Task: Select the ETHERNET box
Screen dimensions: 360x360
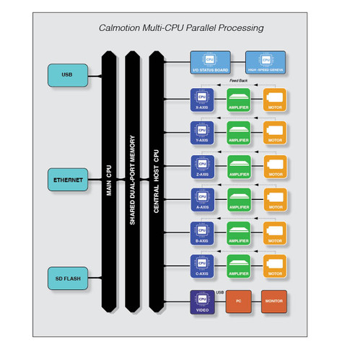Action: click(x=67, y=179)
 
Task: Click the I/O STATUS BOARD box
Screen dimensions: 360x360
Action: click(x=210, y=63)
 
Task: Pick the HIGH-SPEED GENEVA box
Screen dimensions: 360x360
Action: click(x=265, y=63)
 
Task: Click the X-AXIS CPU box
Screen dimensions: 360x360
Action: click(x=201, y=98)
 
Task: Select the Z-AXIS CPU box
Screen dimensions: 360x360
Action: click(x=201, y=165)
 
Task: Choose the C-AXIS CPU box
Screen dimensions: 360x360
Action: click(x=201, y=265)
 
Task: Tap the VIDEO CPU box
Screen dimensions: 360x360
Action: click(x=201, y=302)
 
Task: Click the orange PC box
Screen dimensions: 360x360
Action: click(x=237, y=302)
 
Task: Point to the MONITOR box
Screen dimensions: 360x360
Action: click(x=273, y=302)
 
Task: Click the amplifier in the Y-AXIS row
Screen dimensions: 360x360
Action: click(x=239, y=132)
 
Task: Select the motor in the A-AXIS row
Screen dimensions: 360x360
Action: click(x=275, y=198)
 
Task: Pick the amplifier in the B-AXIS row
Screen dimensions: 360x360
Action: click(x=239, y=232)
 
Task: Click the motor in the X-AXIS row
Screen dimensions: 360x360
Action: click(x=275, y=98)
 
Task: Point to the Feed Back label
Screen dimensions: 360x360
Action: click(x=238, y=80)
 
